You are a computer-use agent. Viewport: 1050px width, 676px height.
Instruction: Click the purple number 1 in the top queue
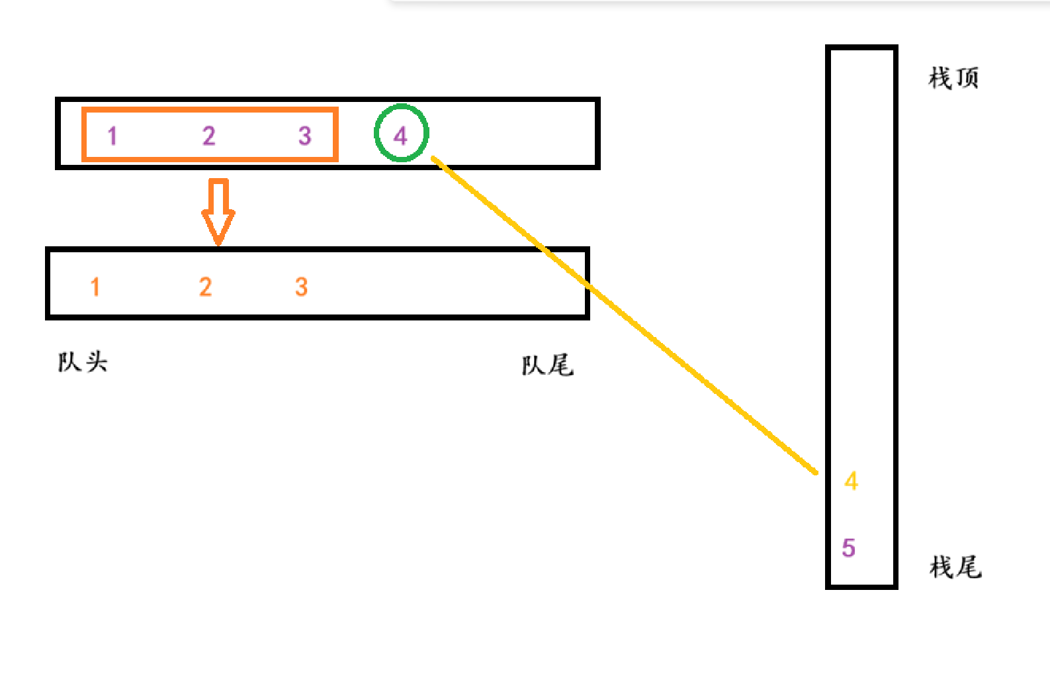pyautogui.click(x=112, y=136)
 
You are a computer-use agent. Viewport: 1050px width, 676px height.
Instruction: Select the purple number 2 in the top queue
pyautogui.click(x=209, y=136)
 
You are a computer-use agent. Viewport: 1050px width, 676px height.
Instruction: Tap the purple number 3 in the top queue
pyautogui.click(x=304, y=136)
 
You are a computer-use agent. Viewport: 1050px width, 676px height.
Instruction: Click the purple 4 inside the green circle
pyautogui.click(x=400, y=136)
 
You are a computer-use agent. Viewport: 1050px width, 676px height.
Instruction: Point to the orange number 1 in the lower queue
pyautogui.click(x=95, y=287)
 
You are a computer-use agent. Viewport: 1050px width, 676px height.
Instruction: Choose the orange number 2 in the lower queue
pyautogui.click(x=206, y=287)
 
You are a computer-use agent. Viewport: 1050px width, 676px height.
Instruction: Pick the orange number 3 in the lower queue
pyautogui.click(x=302, y=287)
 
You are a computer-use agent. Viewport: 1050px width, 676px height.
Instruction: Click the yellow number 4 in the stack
pyautogui.click(x=852, y=481)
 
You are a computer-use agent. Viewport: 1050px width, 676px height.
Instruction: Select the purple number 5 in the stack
pyautogui.click(x=849, y=548)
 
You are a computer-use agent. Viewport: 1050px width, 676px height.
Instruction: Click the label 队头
pyautogui.click(x=83, y=362)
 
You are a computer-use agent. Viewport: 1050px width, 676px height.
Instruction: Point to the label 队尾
pyautogui.click(x=547, y=365)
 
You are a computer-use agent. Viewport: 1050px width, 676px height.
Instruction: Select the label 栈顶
pyautogui.click(x=953, y=78)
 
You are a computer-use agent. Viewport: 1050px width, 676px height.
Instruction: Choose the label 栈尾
pyautogui.click(x=955, y=567)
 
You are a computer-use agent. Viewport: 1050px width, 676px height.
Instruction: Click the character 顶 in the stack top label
pyautogui.click(x=967, y=78)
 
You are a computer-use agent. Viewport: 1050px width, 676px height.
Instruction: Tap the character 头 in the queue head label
pyautogui.click(x=96, y=362)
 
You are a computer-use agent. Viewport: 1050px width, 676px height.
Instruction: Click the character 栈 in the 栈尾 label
pyautogui.click(x=941, y=567)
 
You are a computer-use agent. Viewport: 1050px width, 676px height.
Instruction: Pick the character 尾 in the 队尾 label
pyautogui.click(x=561, y=365)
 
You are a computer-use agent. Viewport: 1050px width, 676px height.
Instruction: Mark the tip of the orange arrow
pyautogui.click(x=218, y=244)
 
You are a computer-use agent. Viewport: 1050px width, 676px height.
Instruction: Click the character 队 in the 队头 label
pyautogui.click(x=69, y=362)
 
